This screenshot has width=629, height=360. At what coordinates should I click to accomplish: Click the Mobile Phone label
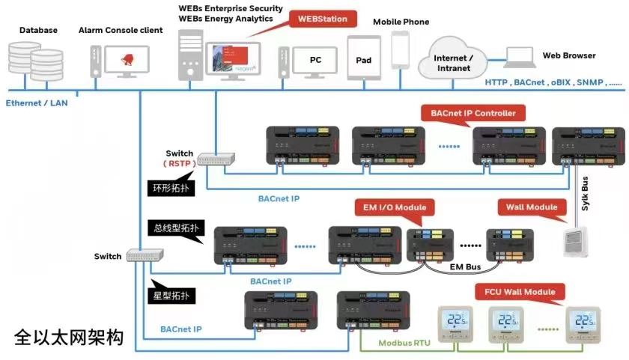tap(401, 22)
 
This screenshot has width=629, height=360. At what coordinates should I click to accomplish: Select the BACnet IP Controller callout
tap(473, 114)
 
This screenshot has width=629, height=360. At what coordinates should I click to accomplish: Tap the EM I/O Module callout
tap(389, 207)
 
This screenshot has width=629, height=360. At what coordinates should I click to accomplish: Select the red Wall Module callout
tap(531, 207)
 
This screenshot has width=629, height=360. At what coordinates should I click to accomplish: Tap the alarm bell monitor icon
tap(123, 60)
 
